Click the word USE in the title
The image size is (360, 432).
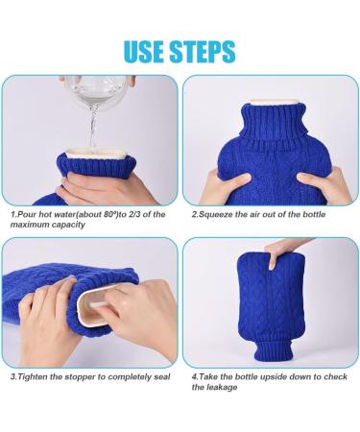[144, 51]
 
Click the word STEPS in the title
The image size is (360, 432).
[203, 51]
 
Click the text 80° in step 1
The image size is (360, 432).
[110, 214]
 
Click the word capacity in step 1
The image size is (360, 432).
[69, 225]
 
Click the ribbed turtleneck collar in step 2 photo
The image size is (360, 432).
[274, 122]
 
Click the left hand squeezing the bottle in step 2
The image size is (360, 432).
[224, 187]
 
